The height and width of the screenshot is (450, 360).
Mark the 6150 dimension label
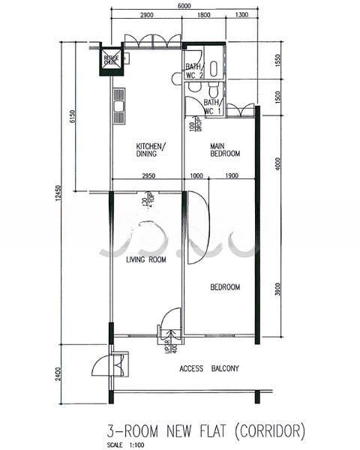(73, 116)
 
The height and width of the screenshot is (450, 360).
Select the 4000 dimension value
(277, 164)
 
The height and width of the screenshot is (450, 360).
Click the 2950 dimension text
(148, 175)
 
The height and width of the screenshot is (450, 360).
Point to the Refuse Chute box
(112, 60)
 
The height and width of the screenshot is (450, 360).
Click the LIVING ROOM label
(145, 260)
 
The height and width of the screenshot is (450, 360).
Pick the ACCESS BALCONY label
(209, 368)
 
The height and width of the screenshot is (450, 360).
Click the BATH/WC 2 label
(194, 71)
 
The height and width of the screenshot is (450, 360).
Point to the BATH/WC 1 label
(212, 106)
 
